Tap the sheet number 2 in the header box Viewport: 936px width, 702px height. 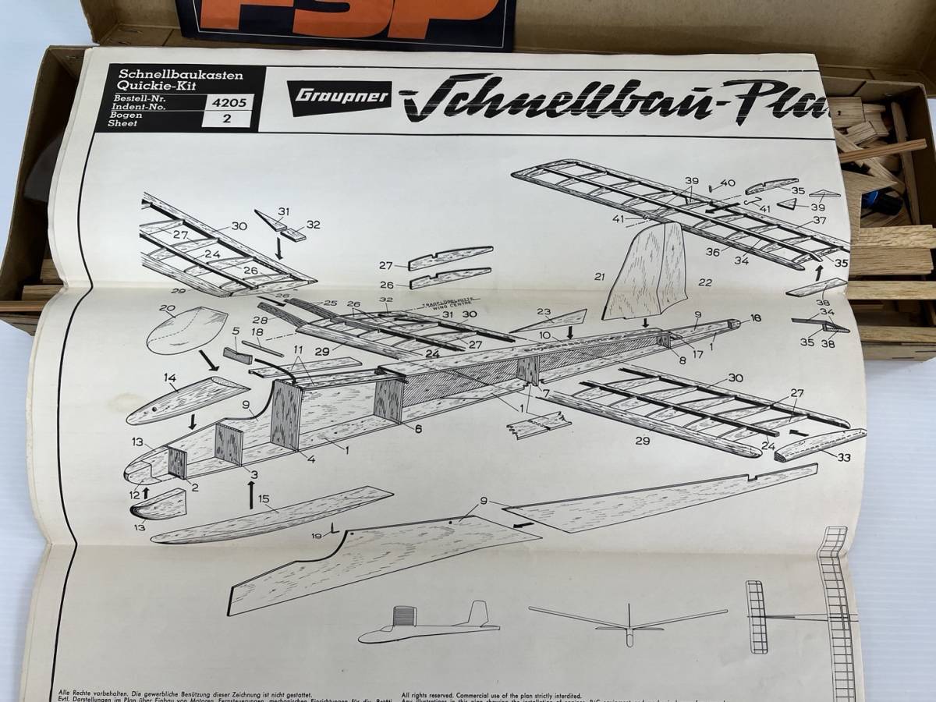pos(226,120)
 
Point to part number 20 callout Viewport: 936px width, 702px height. pos(166,307)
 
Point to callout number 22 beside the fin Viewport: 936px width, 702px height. pos(705,283)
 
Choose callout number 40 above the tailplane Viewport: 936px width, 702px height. pos(728,184)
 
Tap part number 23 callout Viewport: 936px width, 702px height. pos(565,309)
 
